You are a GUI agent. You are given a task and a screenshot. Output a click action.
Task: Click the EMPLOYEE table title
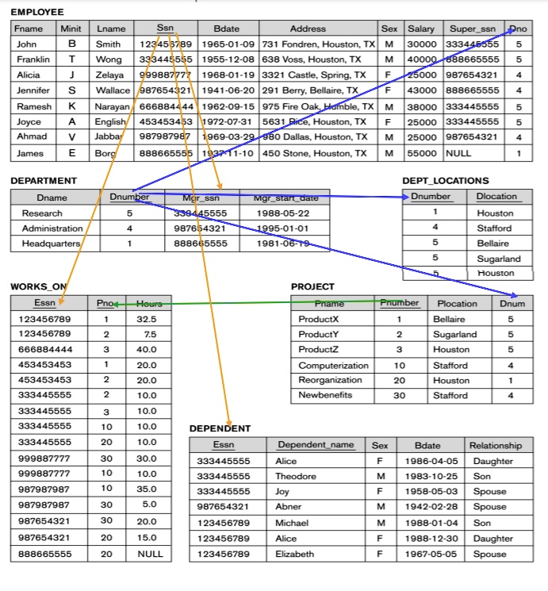(x=37, y=12)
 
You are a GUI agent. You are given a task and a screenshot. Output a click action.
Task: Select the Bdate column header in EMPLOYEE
(x=226, y=29)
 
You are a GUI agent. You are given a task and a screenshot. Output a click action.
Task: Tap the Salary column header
(x=421, y=29)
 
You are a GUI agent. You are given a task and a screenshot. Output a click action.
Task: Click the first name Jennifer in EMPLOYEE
(x=33, y=90)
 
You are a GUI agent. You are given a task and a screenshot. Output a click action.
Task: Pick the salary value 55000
(x=421, y=152)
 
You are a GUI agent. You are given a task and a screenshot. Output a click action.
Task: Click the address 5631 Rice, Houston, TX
(x=314, y=121)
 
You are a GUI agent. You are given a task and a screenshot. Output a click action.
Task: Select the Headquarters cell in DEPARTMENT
(x=52, y=244)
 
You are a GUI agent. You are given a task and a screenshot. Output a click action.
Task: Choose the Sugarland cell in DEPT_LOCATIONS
(x=499, y=259)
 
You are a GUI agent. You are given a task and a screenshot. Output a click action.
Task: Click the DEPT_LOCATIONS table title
(x=446, y=181)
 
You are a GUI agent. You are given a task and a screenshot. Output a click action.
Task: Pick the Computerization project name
(x=333, y=366)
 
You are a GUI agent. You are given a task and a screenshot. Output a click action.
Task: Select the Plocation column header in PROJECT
(x=458, y=303)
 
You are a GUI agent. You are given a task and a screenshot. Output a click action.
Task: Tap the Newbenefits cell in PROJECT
(x=325, y=395)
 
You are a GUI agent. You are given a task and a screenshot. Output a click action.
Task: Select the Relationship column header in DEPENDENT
(x=496, y=446)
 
